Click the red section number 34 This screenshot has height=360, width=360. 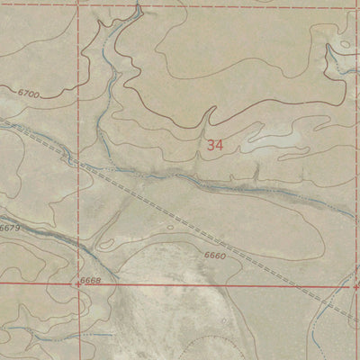(214, 144)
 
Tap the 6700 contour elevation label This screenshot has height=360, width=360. (29, 93)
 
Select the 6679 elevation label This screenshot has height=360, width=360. (10, 229)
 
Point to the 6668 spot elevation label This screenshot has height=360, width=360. (91, 282)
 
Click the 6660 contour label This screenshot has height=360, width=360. (215, 256)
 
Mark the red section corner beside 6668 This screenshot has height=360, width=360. (76, 283)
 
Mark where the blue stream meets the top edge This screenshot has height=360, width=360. (138, 4)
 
